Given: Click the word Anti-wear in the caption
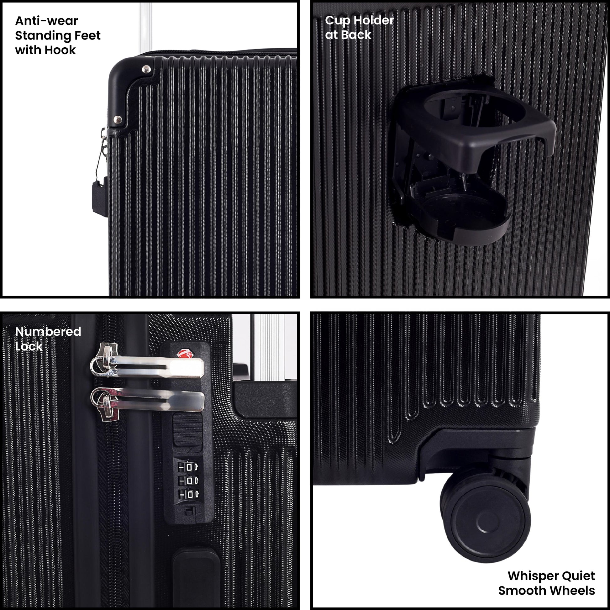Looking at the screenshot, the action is click(46, 21).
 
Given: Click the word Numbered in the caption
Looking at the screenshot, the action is click(48, 332).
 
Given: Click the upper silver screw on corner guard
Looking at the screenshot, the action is click(146, 69).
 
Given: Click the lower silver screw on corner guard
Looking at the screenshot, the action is click(118, 120).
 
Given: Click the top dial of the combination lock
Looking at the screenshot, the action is click(188, 467).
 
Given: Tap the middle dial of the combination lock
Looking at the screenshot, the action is click(188, 481).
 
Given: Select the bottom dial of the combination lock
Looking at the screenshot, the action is click(188, 494).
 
